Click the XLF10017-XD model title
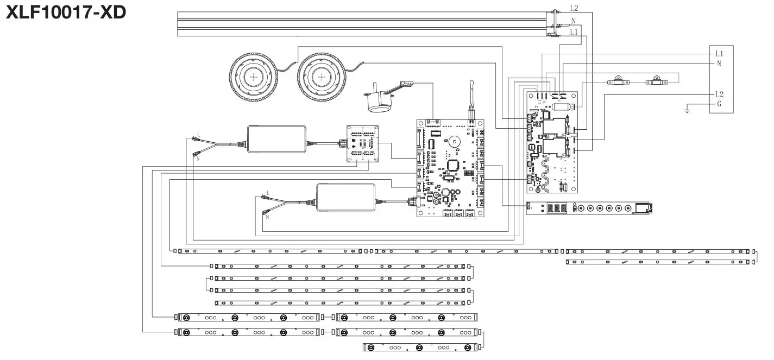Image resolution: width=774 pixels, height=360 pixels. click(66, 12)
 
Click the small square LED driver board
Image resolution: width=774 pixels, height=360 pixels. click(363, 143)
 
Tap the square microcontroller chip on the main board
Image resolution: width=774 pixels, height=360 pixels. click(453, 166)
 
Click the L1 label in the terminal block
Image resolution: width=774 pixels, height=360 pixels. click(719, 53)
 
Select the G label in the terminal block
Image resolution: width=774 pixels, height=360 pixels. click(719, 104)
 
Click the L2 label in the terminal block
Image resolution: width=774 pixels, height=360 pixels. click(719, 94)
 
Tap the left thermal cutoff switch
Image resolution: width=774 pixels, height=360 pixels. click(617, 82)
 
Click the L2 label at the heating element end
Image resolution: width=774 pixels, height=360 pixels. click(574, 8)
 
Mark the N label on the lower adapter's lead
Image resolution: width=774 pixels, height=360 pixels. click(267, 217)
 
